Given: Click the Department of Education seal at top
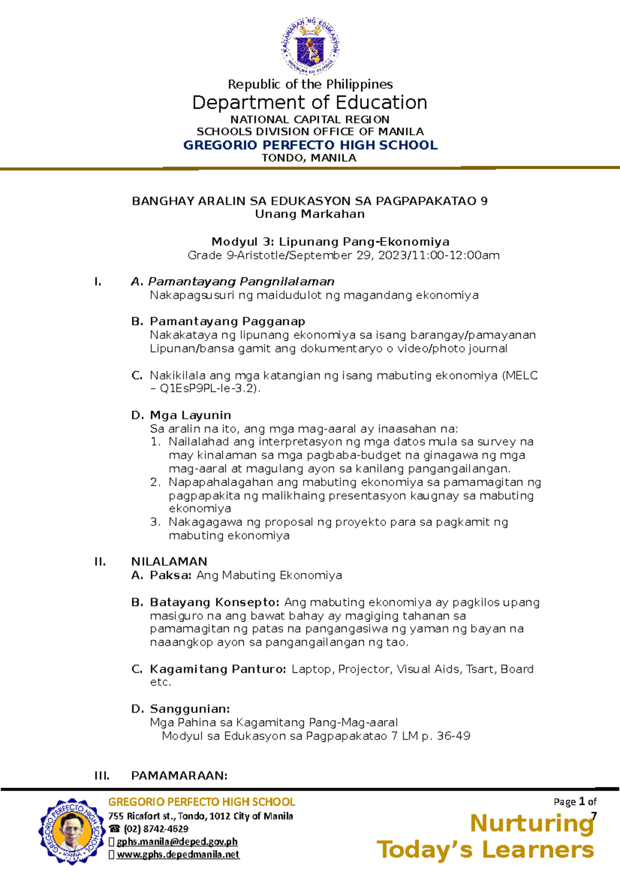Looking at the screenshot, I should coord(310,47).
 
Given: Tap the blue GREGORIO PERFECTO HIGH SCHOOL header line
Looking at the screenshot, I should coord(310,145).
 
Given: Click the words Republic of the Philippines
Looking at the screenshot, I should coord(310,84).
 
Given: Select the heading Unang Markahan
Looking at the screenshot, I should coord(310,214).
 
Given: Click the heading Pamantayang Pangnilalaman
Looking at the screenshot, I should coord(241,282).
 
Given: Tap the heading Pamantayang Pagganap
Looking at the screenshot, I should coord(227,322).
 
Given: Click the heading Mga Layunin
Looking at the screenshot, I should coord(190,415).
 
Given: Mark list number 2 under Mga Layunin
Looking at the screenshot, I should coord(155,482).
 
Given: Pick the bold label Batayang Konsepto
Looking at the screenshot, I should coord(214,602).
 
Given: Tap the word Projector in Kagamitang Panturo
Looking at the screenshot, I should coord(365,669).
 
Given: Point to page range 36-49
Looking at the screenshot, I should coord(453,736).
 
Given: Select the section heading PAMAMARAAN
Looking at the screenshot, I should coord(179,776).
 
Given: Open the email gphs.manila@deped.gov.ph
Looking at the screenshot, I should coord(177,842).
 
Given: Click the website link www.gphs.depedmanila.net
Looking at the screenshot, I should coord(178,855).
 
